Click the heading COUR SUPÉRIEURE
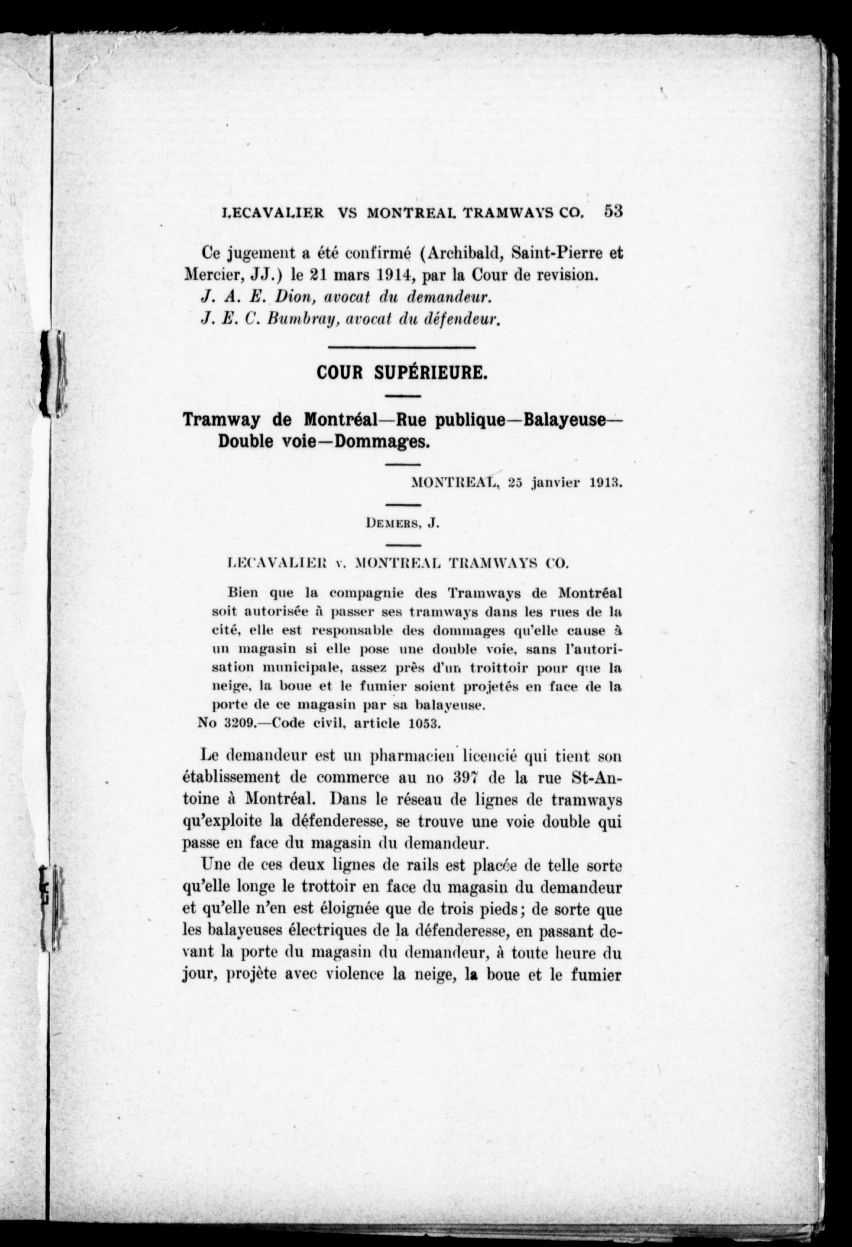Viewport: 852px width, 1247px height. click(x=402, y=373)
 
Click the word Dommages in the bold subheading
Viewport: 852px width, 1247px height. click(x=383, y=441)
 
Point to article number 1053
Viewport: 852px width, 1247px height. click(x=424, y=723)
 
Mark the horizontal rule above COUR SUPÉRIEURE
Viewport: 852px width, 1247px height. click(x=401, y=348)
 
